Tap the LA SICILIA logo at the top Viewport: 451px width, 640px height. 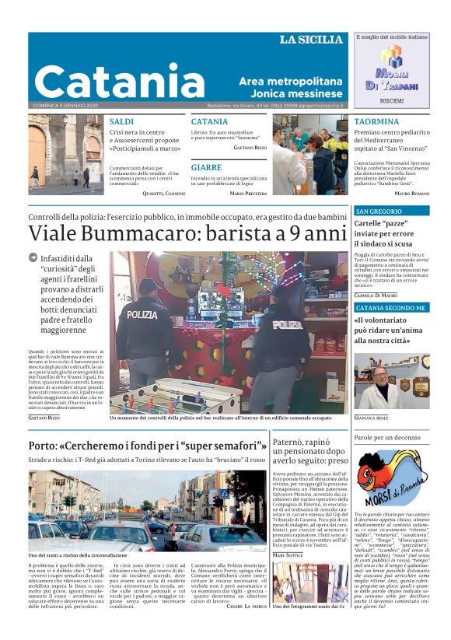click(311, 40)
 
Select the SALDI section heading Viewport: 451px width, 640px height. click(121, 122)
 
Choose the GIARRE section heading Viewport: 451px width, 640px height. click(206, 167)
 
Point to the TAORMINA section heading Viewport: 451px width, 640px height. click(376, 122)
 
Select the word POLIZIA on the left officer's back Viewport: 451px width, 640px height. click(142, 314)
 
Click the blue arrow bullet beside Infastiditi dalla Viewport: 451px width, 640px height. click(33, 257)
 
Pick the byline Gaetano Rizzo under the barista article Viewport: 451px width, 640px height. click(44, 418)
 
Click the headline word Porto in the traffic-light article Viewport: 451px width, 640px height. click(45, 446)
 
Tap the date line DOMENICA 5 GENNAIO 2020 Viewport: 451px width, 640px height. click(65, 105)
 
